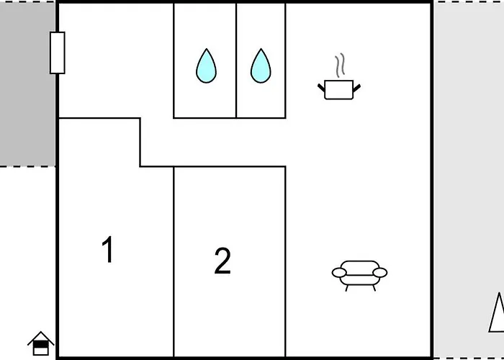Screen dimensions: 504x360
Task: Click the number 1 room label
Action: [108, 249]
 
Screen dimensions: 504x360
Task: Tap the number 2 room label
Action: [222, 261]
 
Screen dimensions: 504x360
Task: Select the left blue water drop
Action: [207, 66]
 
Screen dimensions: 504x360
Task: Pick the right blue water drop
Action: [261, 66]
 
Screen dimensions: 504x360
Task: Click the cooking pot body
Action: [339, 90]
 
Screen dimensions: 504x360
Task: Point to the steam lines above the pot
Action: [340, 66]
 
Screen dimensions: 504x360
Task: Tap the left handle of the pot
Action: [321, 87]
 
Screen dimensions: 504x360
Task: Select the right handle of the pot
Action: [357, 87]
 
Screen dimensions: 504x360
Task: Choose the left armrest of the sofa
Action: [339, 273]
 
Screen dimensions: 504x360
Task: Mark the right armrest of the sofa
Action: [380, 273]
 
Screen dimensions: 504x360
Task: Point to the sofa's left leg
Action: [346, 288]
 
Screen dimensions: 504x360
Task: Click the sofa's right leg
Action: [374, 288]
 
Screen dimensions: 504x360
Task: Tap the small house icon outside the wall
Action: [41, 343]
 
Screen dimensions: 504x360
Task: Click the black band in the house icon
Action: [41, 344]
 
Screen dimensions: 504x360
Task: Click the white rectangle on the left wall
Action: [58, 53]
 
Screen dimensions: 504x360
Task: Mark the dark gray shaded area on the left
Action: [27, 84]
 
